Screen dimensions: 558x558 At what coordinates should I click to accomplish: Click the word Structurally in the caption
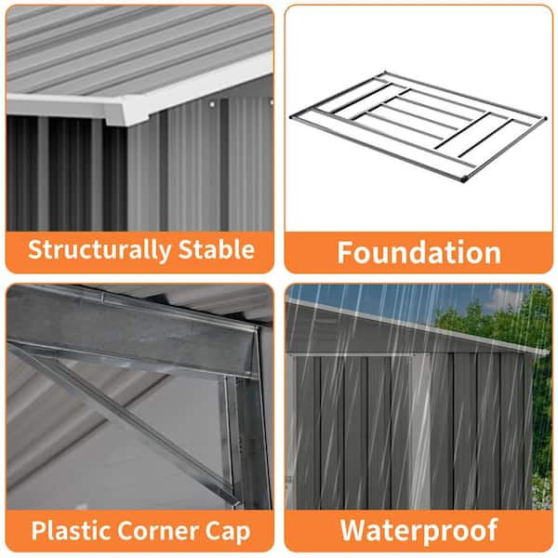(x=100, y=250)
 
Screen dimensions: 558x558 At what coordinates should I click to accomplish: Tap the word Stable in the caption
(x=217, y=249)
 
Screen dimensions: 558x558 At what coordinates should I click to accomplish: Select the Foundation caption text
(x=418, y=252)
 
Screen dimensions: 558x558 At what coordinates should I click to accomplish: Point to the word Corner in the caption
(x=158, y=531)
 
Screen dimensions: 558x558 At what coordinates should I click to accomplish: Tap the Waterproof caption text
(x=418, y=531)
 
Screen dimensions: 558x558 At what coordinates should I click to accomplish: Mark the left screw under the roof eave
(x=212, y=104)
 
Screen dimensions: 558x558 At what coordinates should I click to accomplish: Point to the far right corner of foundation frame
(x=543, y=118)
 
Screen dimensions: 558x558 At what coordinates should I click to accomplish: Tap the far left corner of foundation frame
(x=293, y=116)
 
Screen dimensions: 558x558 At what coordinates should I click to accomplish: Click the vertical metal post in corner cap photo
(x=246, y=441)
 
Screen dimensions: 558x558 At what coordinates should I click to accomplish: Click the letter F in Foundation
(x=344, y=253)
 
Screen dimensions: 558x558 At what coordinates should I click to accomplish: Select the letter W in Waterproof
(x=354, y=530)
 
